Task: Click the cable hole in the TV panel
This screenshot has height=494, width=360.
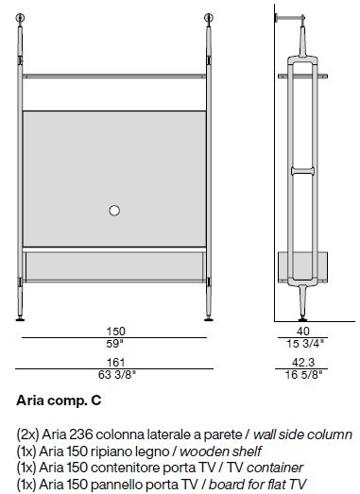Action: [x=114, y=211]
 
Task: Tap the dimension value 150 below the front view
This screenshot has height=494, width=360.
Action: [x=115, y=332]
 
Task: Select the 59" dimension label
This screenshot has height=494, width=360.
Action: [x=114, y=344]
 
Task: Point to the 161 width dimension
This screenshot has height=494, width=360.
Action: [x=116, y=363]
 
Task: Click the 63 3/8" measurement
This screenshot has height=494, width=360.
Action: [x=117, y=375]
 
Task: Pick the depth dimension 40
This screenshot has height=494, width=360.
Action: [x=303, y=332]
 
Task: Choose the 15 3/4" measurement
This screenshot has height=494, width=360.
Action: [x=305, y=344]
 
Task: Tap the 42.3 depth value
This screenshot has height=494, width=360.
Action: [x=303, y=363]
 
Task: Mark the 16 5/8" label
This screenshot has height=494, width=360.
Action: [x=304, y=375]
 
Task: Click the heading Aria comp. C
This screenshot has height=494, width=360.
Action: [x=59, y=400]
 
